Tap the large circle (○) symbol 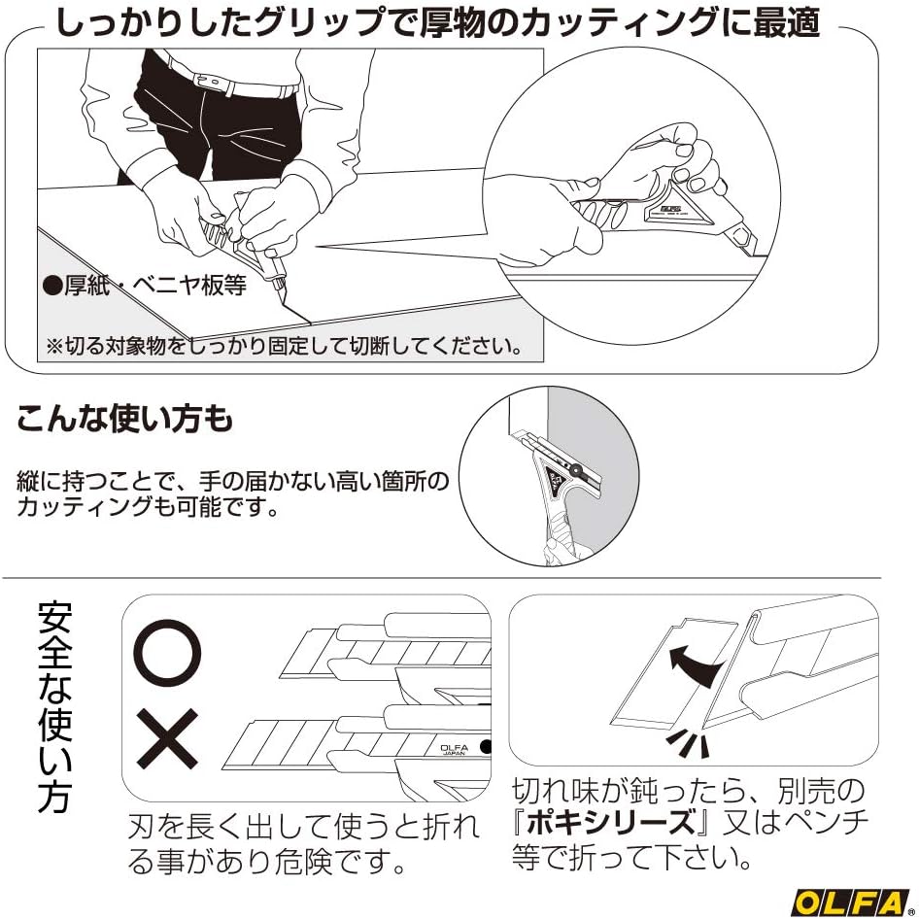pyautogui.click(x=168, y=652)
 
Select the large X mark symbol pyautogui.click(x=167, y=739)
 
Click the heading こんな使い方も pyautogui.click(x=125, y=420)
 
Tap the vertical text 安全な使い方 pyautogui.click(x=54, y=706)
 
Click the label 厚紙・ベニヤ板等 pyautogui.click(x=146, y=287)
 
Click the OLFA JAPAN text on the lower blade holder pyautogui.click(x=454, y=750)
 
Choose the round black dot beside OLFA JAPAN pyautogui.click(x=486, y=747)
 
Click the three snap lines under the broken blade pyautogui.click(x=689, y=743)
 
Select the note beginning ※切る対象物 pyautogui.click(x=285, y=347)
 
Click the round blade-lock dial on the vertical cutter pyautogui.click(x=575, y=470)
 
